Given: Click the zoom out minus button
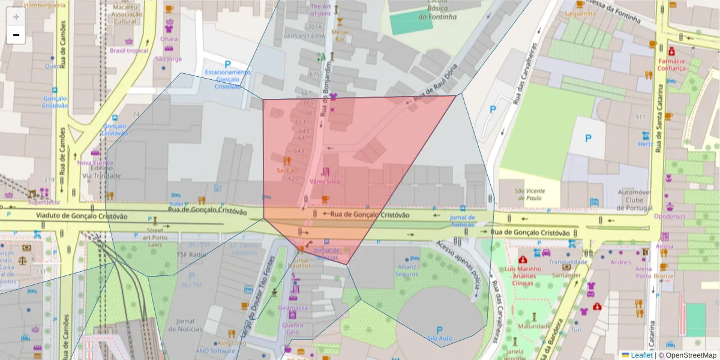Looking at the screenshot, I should point(16,35).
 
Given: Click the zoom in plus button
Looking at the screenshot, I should point(16,17).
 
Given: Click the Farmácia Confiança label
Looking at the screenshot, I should point(671,64).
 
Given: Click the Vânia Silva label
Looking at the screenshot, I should point(325,181).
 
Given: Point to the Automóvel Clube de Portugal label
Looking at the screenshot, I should point(635,200).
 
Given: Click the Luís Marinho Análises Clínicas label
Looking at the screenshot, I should point(523,276).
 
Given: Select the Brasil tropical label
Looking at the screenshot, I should point(128,51).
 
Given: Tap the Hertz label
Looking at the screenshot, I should point(645,144).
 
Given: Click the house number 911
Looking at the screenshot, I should point(641,117).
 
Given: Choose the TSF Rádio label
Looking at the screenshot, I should point(191,254).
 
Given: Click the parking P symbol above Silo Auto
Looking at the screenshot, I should point(439,329).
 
